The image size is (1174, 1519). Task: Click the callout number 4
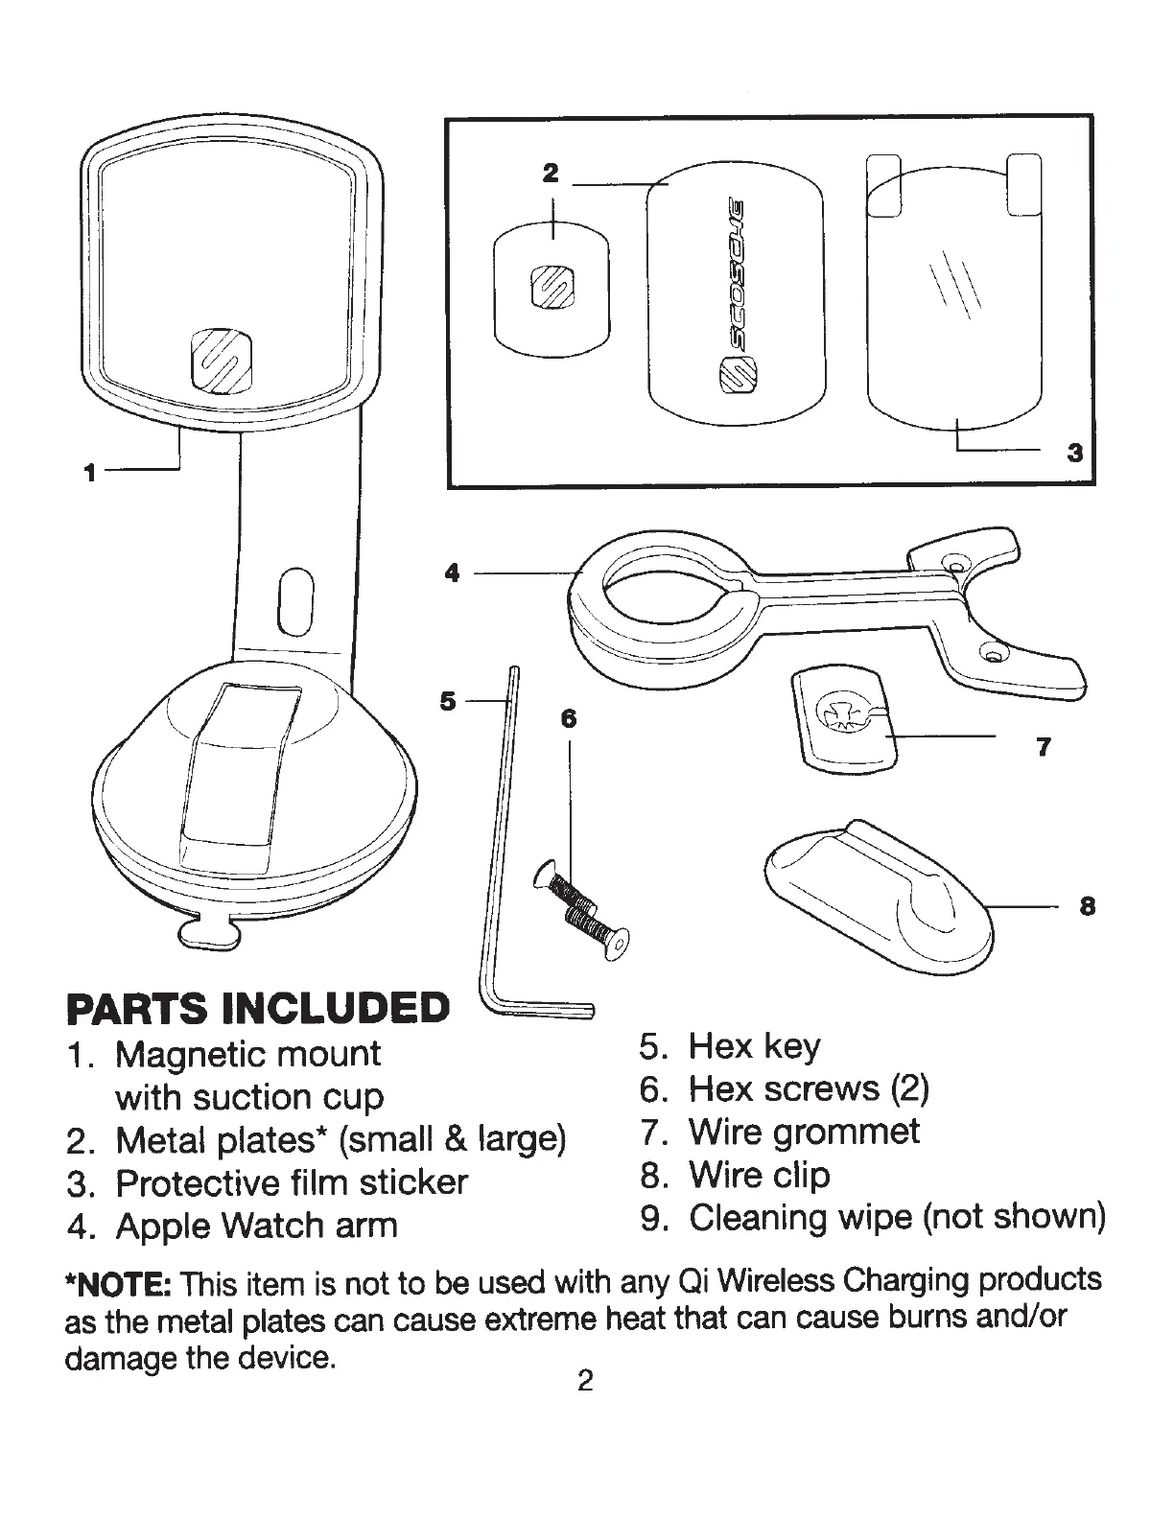[x=453, y=573]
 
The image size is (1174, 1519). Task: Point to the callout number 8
[x=1087, y=905]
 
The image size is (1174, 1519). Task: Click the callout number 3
[x=1074, y=452]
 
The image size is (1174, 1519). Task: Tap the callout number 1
[x=89, y=472]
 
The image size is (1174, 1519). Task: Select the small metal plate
[x=552, y=288]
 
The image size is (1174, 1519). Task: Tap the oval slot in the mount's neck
[x=295, y=601]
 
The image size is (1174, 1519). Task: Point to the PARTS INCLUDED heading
[x=257, y=1007]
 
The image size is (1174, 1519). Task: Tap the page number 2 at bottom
[x=585, y=1381]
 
